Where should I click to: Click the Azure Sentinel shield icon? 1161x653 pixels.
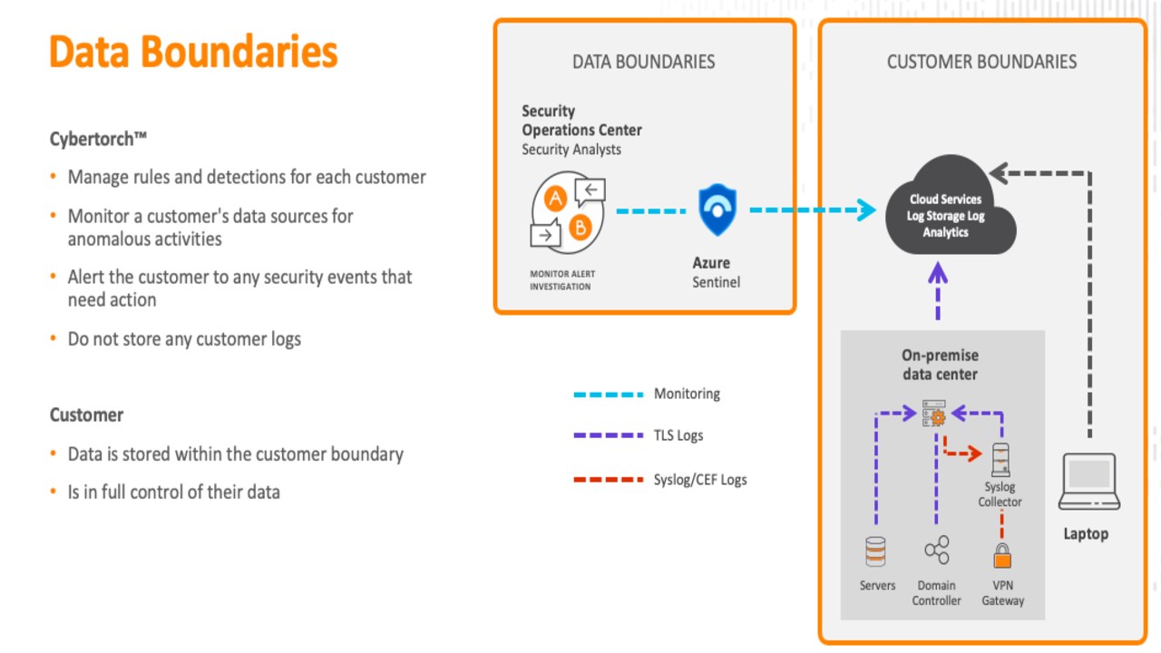pos(717,210)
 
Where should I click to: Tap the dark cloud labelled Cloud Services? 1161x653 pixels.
pos(950,208)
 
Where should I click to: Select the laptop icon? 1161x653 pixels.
pos(1089,482)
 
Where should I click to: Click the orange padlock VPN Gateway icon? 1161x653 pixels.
pos(1002,556)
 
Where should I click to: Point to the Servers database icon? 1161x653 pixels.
pos(875,551)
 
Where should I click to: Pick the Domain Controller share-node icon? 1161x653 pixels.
pos(937,550)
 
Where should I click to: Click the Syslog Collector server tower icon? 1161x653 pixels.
pos(1000,460)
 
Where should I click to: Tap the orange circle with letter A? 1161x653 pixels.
pos(555,198)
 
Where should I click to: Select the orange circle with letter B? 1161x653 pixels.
pos(580,227)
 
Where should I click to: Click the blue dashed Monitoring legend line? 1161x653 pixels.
pos(609,395)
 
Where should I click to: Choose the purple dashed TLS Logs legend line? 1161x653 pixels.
pos(609,435)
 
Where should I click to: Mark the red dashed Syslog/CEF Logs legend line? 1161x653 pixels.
pos(609,480)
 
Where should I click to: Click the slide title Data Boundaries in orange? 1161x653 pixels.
pos(193,52)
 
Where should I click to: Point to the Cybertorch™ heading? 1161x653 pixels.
pos(98,139)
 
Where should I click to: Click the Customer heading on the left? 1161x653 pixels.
pos(86,415)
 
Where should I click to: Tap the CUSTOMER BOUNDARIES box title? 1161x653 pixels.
pos(981,62)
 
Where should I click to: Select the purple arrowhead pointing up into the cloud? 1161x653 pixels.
pos(938,273)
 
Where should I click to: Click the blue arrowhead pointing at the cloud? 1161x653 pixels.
pos(866,210)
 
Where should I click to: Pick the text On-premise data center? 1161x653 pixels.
pos(941,365)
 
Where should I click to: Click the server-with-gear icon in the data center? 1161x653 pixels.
pos(934,413)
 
